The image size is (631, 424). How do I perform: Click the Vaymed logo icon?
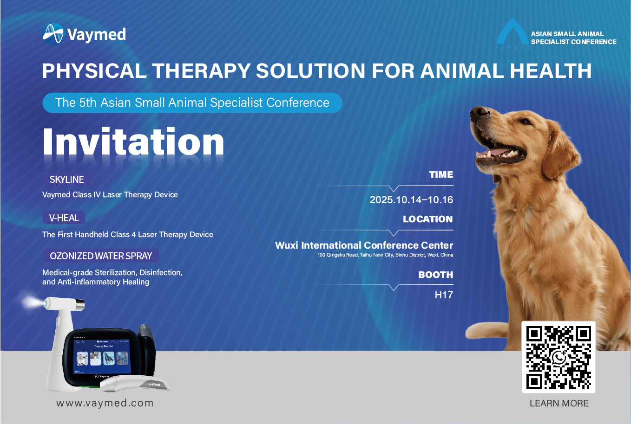point(53,34)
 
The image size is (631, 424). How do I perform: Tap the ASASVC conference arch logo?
point(512,34)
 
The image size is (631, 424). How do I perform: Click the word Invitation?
point(133,142)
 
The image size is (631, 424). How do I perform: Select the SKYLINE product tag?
point(67,180)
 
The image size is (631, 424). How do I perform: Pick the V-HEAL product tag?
point(64,218)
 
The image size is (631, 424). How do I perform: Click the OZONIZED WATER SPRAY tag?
point(101,256)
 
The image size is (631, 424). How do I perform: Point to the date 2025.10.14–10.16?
point(411,200)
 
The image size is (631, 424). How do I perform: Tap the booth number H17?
point(443,295)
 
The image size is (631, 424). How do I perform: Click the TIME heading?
point(440,175)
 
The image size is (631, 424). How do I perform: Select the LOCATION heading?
point(427,219)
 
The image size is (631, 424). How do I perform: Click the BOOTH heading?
point(435,275)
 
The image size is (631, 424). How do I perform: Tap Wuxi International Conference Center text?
point(364,245)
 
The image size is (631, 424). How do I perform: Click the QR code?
point(558,357)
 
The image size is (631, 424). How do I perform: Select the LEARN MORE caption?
point(559,404)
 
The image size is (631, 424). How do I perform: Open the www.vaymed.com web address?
point(105,404)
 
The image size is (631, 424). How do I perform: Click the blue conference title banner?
point(192,103)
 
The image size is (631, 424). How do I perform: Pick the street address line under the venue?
point(385,255)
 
